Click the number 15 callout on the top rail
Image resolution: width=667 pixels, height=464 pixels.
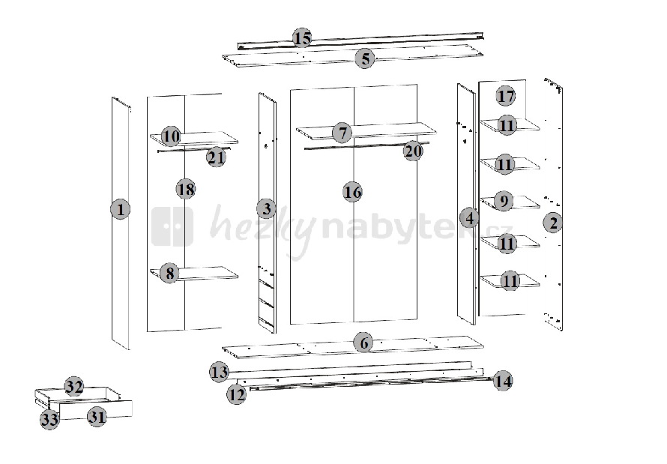click(302, 38)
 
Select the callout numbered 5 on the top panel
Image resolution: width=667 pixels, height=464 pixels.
click(365, 58)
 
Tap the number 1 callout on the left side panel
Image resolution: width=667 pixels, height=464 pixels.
click(121, 209)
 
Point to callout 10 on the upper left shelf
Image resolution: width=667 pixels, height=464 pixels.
click(171, 136)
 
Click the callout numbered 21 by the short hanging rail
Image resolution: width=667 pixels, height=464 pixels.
click(216, 157)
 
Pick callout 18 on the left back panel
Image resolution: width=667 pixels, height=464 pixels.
click(186, 189)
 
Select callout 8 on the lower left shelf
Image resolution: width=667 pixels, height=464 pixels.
click(169, 273)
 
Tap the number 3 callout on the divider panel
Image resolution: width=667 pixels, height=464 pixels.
click(267, 209)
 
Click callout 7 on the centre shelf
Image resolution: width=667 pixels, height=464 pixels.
click(342, 133)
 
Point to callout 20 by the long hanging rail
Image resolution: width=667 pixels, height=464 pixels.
click(413, 151)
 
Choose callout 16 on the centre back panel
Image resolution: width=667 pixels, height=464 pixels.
click(353, 192)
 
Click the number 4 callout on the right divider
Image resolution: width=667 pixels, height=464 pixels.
click(470, 218)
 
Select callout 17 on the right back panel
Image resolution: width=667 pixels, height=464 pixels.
click(506, 96)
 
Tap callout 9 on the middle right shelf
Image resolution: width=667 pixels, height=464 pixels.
click(504, 200)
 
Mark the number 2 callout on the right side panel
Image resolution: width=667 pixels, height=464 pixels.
click(553, 223)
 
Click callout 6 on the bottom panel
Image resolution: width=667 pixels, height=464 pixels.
click(364, 343)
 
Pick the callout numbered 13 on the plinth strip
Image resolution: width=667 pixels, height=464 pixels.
click(220, 372)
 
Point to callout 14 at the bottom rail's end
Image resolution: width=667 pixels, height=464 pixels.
click(503, 381)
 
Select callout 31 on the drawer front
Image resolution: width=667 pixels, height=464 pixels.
click(97, 417)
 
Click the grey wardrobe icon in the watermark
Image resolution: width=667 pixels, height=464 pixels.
click(172, 226)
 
